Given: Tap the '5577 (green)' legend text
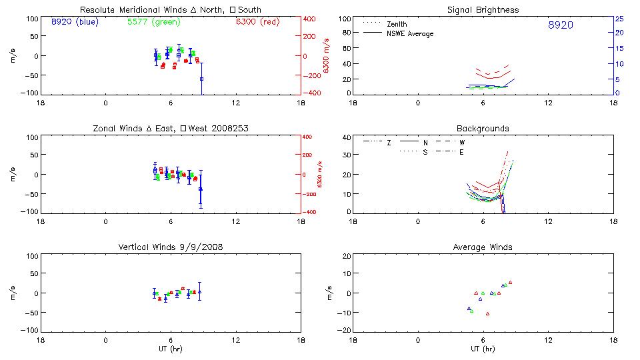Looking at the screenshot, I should tap(154, 22).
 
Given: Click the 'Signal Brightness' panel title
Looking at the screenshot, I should tap(483, 10).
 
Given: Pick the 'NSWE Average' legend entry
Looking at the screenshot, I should tap(409, 33).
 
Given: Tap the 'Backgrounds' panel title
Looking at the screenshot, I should tap(483, 128).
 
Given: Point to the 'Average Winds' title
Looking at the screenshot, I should tap(483, 247).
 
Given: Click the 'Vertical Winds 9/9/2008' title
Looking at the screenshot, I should tap(170, 247).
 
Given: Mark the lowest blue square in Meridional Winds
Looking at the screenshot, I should tap(201, 79).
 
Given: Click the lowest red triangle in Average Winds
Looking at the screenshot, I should tap(487, 313).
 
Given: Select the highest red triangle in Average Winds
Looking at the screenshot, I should tap(510, 282).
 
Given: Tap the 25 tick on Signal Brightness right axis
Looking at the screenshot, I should tap(619, 18).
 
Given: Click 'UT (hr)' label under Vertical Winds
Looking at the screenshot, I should tap(170, 349).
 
